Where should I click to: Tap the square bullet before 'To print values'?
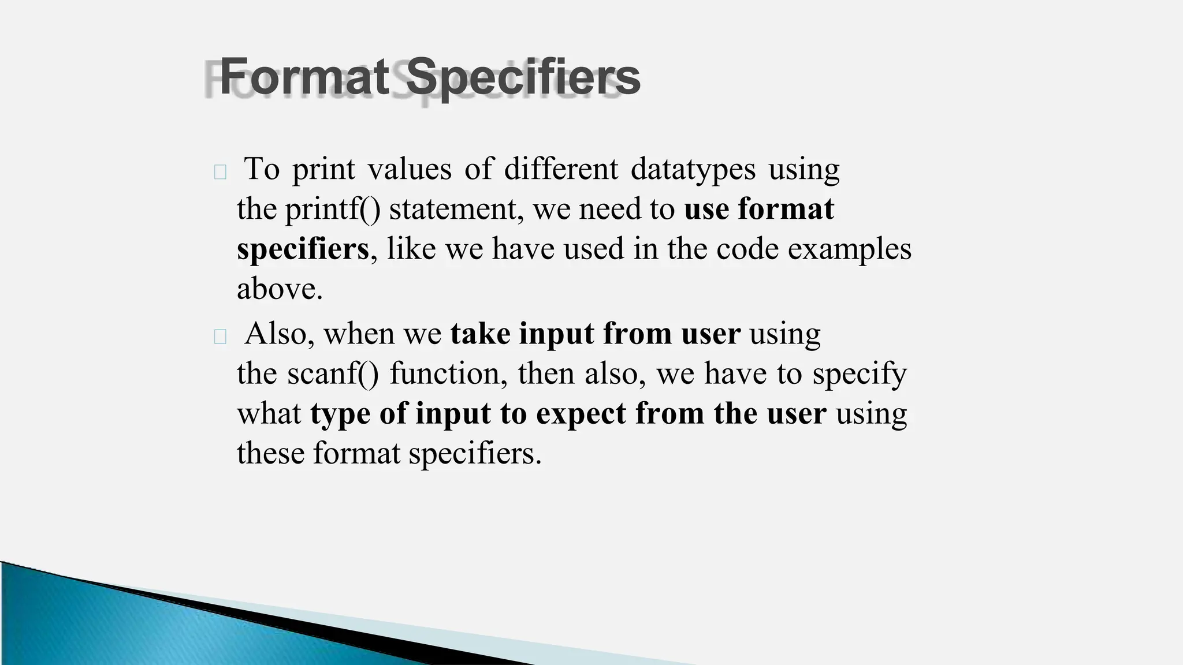(x=220, y=172)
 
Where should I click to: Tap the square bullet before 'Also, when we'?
(x=220, y=337)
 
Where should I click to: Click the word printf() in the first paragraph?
(x=332, y=208)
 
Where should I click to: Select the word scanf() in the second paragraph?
(x=333, y=373)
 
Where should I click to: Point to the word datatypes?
(x=693, y=169)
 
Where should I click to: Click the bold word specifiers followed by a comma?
(x=303, y=249)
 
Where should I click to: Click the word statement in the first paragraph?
(x=456, y=208)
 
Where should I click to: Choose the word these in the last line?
(x=270, y=453)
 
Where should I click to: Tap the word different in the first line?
(x=561, y=169)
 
